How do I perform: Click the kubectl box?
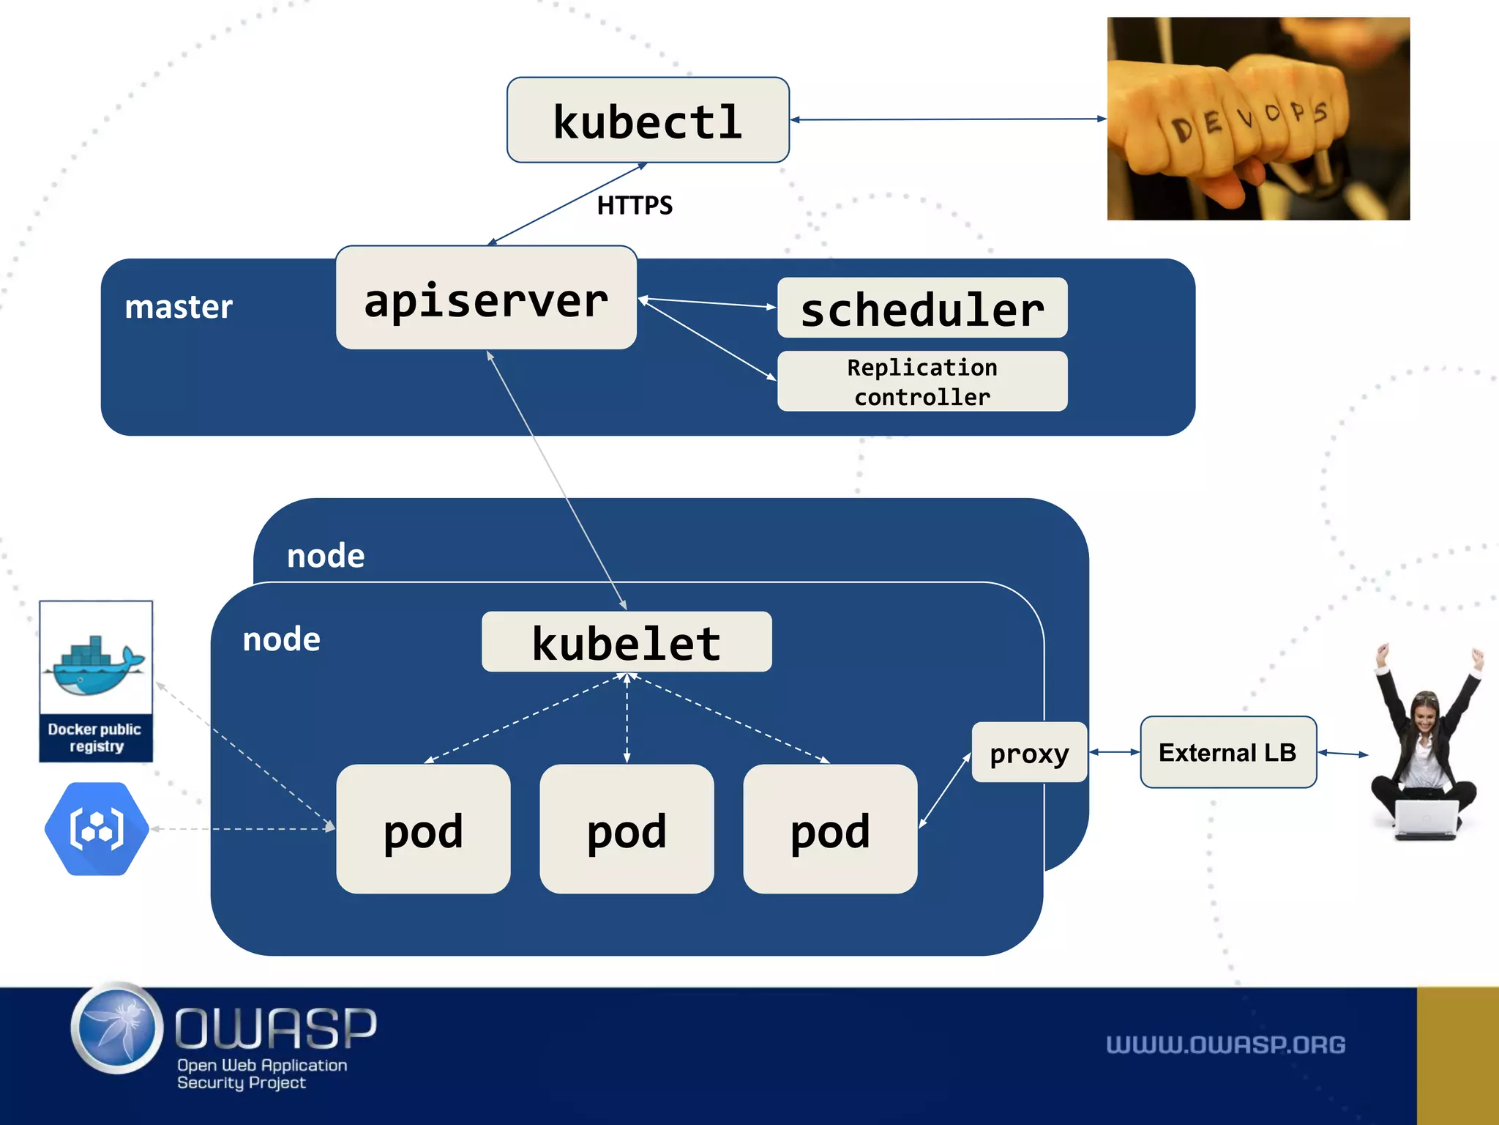pyautogui.click(x=648, y=120)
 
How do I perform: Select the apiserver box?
pyautogui.click(x=486, y=298)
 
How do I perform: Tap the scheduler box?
pyautogui.click(x=922, y=308)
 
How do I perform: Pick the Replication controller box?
pyautogui.click(x=922, y=382)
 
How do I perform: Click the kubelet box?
pyautogui.click(x=627, y=642)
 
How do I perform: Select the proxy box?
pyautogui.click(x=1028, y=753)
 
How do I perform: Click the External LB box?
pyautogui.click(x=1227, y=752)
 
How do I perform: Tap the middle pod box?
pyautogui.click(x=627, y=829)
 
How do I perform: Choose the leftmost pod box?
pyautogui.click(x=423, y=829)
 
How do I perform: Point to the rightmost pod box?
pyautogui.click(x=829, y=829)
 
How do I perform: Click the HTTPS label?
pyautogui.click(x=634, y=206)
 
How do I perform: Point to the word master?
pyautogui.click(x=179, y=307)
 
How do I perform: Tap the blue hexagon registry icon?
pyautogui.click(x=97, y=829)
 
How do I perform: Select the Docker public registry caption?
pyautogui.click(x=95, y=738)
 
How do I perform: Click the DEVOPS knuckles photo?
pyautogui.click(x=1257, y=119)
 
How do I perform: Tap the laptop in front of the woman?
pyautogui.click(x=1426, y=819)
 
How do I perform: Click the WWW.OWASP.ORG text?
pyautogui.click(x=1225, y=1044)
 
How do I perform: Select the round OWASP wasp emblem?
pyautogui.click(x=118, y=1028)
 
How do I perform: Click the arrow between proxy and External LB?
pyautogui.click(x=1113, y=752)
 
